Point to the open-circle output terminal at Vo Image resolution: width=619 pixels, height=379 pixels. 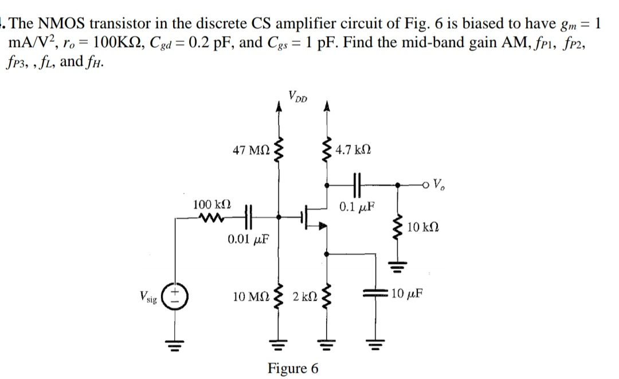425,185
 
